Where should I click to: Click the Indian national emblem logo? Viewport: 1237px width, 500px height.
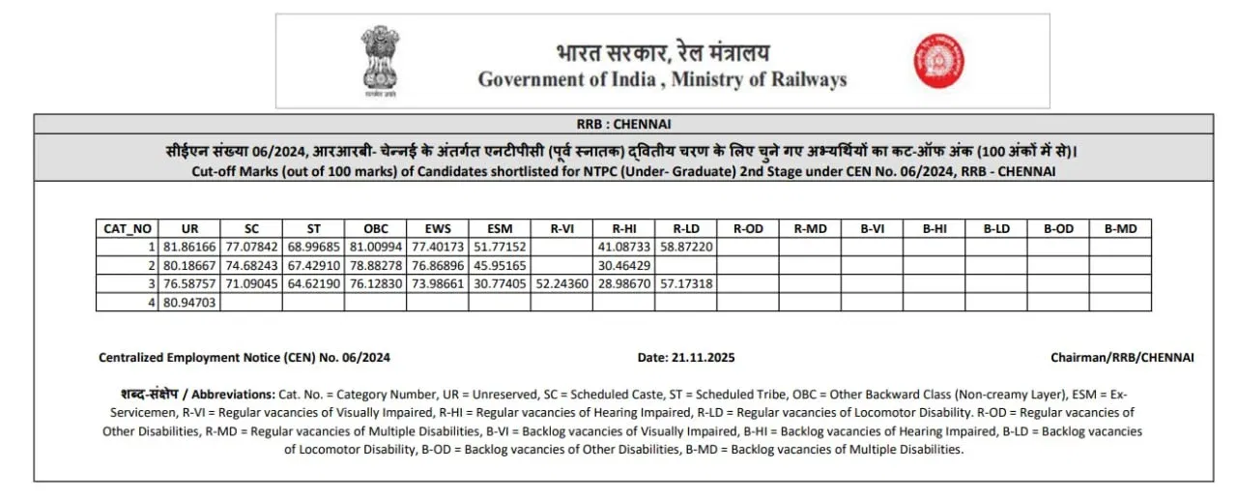pos(380,61)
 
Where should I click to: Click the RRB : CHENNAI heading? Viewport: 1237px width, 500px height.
pos(623,124)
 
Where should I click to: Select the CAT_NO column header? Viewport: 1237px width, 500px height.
pos(126,229)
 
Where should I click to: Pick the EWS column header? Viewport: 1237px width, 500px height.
pos(438,229)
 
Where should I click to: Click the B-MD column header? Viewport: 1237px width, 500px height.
pos(1119,229)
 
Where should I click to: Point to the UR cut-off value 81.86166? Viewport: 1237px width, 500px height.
pos(189,248)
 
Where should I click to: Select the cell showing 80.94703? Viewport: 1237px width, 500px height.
pos(189,303)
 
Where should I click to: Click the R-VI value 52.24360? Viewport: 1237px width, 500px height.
pos(561,284)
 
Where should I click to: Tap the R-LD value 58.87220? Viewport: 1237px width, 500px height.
pos(686,248)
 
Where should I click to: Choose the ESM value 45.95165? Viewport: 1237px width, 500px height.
pos(500,266)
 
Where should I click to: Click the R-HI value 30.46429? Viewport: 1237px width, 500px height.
pos(624,266)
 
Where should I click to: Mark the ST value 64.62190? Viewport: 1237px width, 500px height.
pos(313,284)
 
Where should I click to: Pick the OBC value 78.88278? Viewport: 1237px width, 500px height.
pos(375,266)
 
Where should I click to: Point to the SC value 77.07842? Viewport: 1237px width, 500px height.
pos(251,248)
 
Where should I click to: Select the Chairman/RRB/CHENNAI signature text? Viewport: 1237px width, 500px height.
pos(1122,358)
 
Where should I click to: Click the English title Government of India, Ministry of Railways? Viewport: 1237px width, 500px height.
pos(662,80)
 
